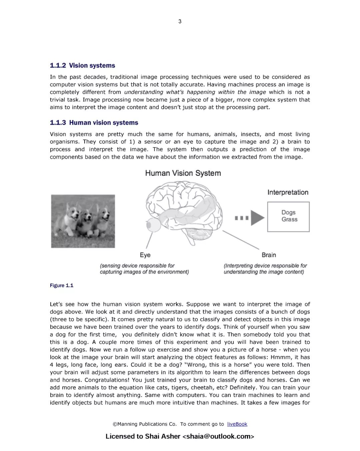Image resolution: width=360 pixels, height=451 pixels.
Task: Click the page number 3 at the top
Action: click(x=180, y=21)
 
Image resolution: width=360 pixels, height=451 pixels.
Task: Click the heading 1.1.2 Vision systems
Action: click(x=82, y=66)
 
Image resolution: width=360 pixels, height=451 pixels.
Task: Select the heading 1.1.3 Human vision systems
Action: click(x=94, y=123)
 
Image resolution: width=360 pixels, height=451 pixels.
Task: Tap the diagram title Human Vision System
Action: click(x=183, y=173)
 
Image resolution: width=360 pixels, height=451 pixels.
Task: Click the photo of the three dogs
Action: click(x=83, y=221)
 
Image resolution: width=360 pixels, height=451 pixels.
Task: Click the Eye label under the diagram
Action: click(x=145, y=255)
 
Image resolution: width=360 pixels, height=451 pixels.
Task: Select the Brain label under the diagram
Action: click(x=269, y=255)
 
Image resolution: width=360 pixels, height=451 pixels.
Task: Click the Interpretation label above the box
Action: click(x=288, y=192)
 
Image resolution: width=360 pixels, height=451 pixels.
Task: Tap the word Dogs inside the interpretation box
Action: click(x=288, y=212)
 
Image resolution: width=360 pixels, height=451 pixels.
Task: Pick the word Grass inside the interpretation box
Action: click(x=289, y=219)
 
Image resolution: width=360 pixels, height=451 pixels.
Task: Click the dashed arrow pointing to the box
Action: click(x=250, y=218)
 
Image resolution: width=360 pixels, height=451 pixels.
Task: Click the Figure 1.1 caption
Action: click(x=62, y=285)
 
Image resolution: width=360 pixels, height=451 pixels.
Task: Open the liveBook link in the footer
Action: click(x=237, y=424)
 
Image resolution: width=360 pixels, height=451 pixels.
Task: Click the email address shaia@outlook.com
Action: click(x=218, y=436)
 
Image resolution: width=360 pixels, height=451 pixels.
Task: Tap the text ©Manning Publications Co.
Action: click(x=145, y=424)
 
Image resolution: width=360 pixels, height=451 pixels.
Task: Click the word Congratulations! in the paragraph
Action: click(x=107, y=380)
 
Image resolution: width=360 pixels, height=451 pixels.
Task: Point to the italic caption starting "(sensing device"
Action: click(x=144, y=269)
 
